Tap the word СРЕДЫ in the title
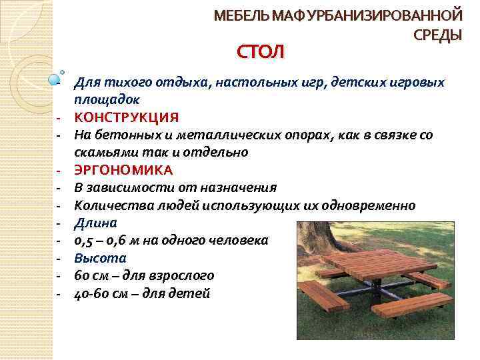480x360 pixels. [x=437, y=35]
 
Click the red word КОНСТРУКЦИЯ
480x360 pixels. [x=126, y=117]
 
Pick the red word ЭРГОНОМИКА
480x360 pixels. [x=123, y=169]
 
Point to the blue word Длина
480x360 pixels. [x=95, y=222]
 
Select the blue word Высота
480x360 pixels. [x=100, y=257]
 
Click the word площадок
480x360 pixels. [x=107, y=99]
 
